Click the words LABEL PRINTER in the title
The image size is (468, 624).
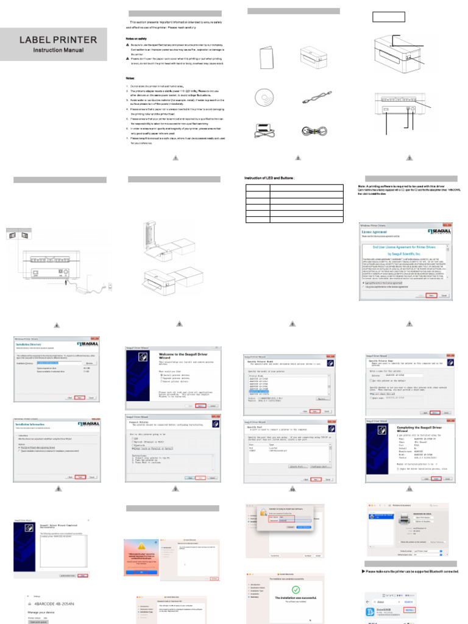pos(58,40)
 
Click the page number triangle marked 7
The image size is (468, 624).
pos(409,324)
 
